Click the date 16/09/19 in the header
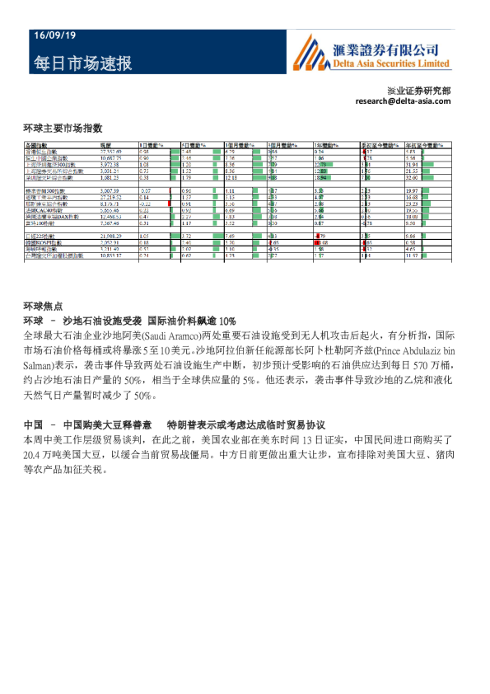54,36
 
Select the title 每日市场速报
82,63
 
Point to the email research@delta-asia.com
404,101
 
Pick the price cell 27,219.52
110,198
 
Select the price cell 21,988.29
110,236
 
